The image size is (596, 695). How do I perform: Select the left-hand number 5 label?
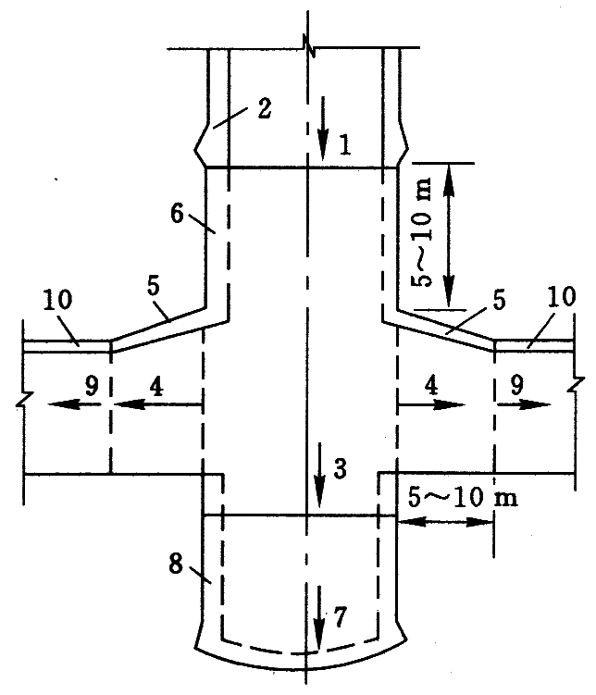coord(154,289)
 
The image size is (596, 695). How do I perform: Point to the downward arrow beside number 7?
coord(318,615)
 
